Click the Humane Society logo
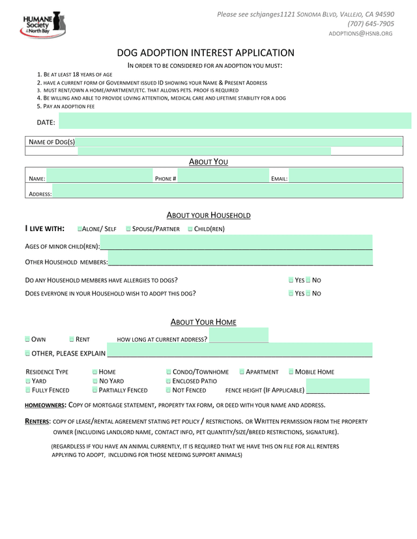click(44, 24)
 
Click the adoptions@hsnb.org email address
click(360, 33)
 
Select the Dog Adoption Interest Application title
click(205, 53)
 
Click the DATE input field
click(235, 121)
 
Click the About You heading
click(208, 161)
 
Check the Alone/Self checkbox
click(79, 228)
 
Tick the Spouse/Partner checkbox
click(128, 228)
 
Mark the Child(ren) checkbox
click(190, 228)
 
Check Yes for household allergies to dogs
click(291, 280)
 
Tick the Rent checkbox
click(72, 339)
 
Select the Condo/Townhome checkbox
click(169, 372)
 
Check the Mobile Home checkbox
click(291, 372)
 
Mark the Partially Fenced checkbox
click(95, 390)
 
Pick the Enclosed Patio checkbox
click(169, 381)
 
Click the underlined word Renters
click(37, 421)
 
